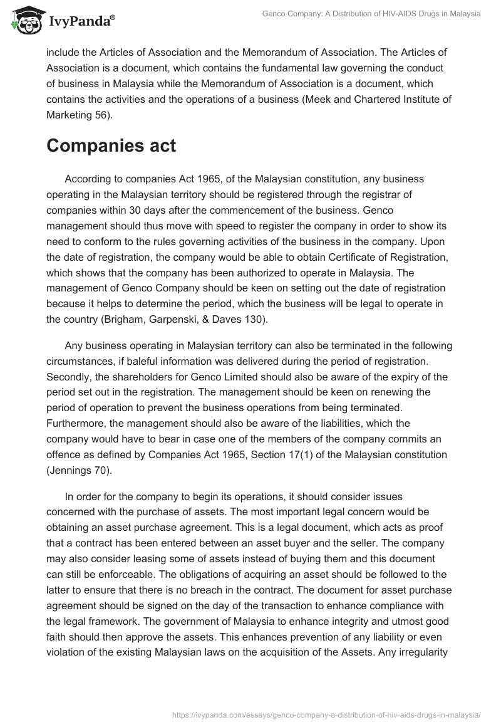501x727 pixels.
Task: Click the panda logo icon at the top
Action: click(24, 21)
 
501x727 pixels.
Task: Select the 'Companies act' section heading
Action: click(111, 146)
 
